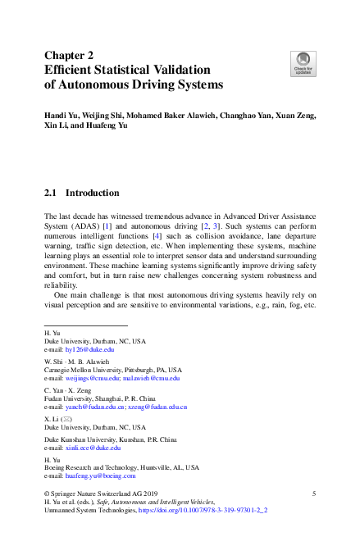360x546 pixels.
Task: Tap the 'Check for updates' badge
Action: pos(303,62)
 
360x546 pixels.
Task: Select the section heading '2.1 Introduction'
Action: pos(81,193)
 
